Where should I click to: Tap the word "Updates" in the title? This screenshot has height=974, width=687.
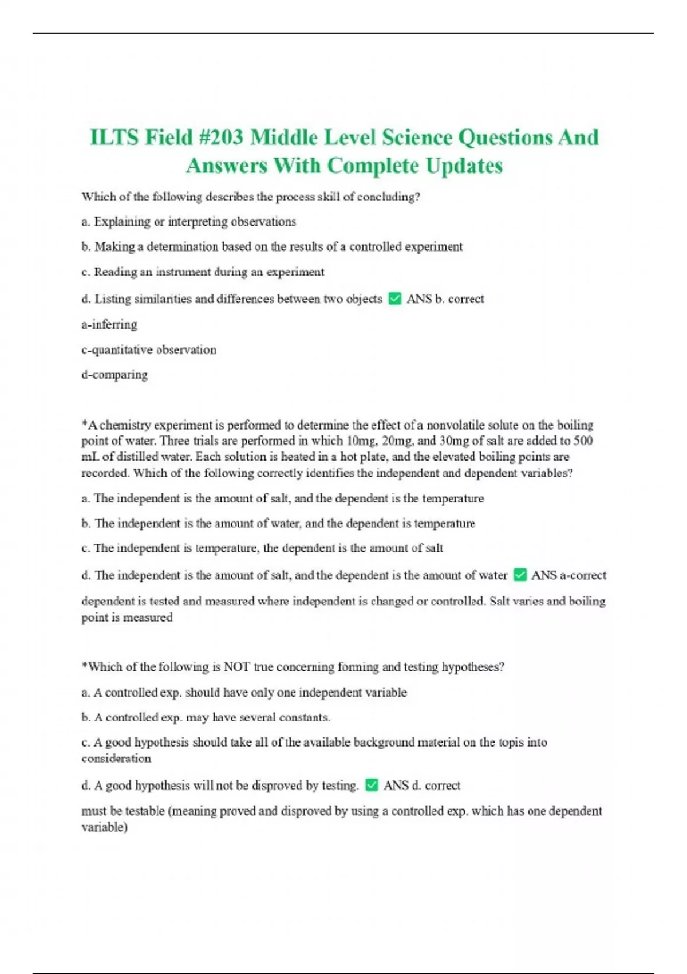(464, 166)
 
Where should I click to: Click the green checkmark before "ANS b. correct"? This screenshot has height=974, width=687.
(394, 299)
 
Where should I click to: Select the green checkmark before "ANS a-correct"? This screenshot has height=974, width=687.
(520, 575)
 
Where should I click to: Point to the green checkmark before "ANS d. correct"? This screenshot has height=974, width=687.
(372, 785)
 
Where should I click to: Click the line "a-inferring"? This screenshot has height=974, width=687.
(109, 324)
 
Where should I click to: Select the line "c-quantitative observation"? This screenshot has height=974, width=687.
(149, 349)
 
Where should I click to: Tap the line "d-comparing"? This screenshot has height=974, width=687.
(114, 375)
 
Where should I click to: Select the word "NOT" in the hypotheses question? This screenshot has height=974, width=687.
(236, 667)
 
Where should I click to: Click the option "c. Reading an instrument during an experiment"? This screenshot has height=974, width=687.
(203, 272)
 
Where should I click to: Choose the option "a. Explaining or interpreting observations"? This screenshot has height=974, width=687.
(189, 222)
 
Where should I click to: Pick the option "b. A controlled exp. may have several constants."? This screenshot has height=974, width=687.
(206, 717)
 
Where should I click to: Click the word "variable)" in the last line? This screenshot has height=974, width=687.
(104, 827)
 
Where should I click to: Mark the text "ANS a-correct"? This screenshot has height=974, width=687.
(568, 575)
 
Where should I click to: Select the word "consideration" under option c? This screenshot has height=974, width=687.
(116, 759)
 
